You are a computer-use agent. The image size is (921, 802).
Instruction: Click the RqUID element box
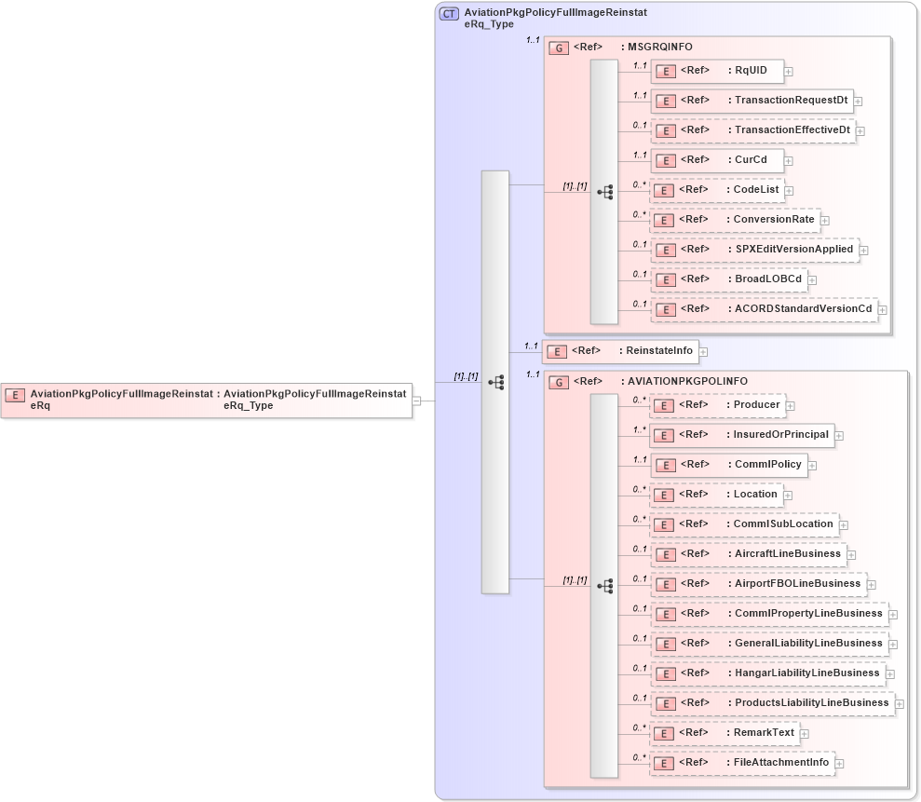pos(716,70)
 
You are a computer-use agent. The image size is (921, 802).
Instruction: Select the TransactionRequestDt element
pos(752,100)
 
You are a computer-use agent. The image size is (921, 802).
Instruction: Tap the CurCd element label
pos(751,159)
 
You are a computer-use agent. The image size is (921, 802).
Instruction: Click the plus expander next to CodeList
pos(789,191)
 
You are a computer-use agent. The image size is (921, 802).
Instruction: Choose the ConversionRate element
pos(735,220)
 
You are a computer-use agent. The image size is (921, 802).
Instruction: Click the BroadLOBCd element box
pos(728,279)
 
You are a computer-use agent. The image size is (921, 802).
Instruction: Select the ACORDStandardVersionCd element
pos(764,308)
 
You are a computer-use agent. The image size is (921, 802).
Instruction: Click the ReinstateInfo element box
pos(620,350)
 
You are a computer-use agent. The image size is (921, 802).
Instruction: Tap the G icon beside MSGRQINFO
pos(559,48)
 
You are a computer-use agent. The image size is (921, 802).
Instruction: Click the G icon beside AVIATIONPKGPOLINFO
pos(559,382)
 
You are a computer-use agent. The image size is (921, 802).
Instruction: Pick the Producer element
pos(716,405)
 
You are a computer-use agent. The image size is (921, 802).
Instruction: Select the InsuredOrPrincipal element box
pos(741,435)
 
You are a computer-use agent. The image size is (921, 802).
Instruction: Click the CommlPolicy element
pos(727,465)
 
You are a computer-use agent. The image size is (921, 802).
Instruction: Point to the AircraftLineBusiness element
pos(748,554)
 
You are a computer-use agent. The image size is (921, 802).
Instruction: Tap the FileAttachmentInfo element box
pos(741,763)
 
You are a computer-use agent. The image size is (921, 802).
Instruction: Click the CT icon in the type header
pos(449,14)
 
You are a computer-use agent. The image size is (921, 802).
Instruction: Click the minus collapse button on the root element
pos(416,401)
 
